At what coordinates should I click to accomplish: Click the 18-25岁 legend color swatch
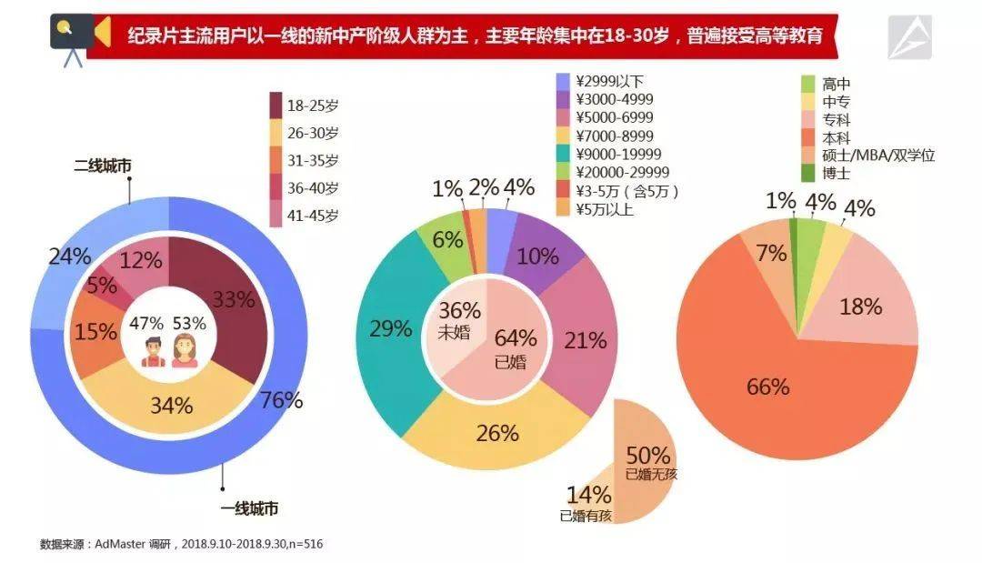(276, 106)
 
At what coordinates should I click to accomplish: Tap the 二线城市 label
(102, 166)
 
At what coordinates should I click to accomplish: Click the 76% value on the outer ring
(281, 400)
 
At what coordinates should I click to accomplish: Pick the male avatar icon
(154, 351)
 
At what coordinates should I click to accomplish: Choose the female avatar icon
(185, 351)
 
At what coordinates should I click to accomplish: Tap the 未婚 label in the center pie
(454, 332)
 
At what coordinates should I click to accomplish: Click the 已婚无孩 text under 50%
(651, 474)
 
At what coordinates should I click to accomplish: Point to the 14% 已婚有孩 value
(588, 496)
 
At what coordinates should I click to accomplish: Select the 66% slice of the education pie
(768, 387)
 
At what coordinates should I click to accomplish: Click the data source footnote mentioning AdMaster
(182, 544)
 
